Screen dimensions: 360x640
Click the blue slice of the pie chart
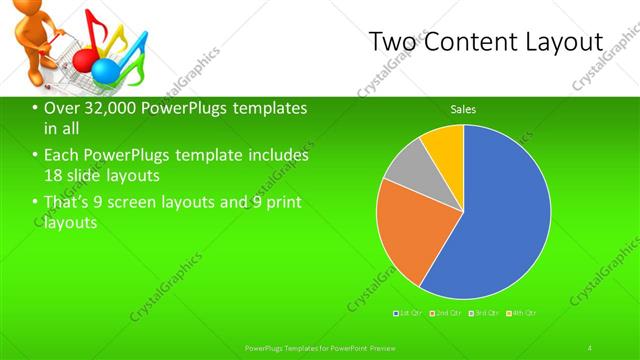click(500, 220)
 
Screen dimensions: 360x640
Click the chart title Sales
click(463, 109)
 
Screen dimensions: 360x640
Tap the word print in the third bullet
click(274, 203)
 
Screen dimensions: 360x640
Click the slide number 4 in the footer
click(590, 347)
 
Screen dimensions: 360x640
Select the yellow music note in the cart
click(112, 38)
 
